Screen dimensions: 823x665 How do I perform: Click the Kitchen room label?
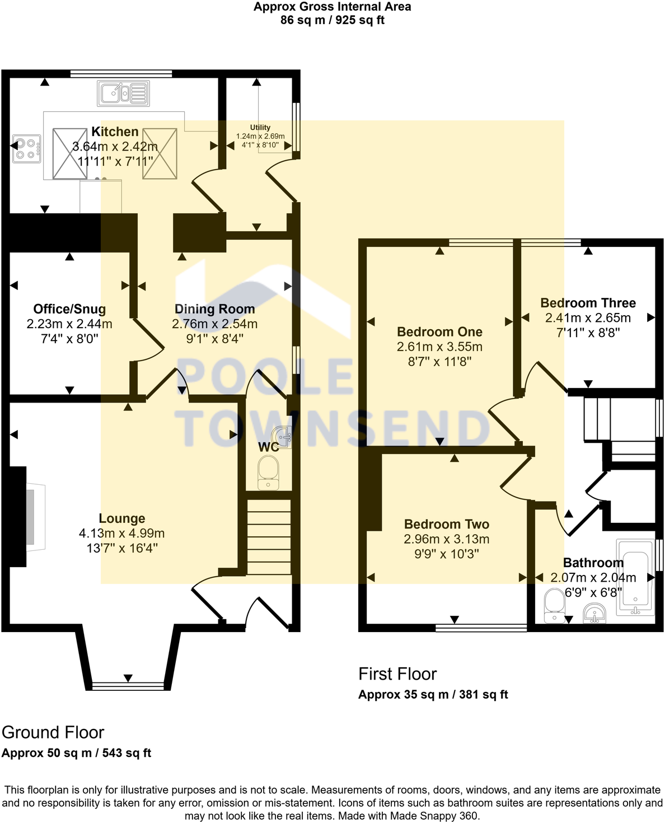pyautogui.click(x=115, y=132)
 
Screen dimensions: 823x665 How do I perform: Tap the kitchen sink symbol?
pyautogui.click(x=124, y=93)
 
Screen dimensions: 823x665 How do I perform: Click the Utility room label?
pyautogui.click(x=260, y=128)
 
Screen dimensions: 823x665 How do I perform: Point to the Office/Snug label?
pyautogui.click(x=69, y=309)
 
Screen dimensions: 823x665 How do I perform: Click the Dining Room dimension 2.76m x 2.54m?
pyautogui.click(x=214, y=324)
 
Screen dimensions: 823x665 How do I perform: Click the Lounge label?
pyautogui.click(x=122, y=518)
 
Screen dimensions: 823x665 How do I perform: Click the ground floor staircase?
pyautogui.click(x=269, y=536)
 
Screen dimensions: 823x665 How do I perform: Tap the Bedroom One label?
pyautogui.click(x=439, y=332)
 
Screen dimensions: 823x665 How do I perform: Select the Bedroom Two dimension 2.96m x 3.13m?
pyautogui.click(x=446, y=539)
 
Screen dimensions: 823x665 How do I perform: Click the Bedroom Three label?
pyautogui.click(x=588, y=303)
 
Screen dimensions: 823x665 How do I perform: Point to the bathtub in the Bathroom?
pyautogui.click(x=635, y=578)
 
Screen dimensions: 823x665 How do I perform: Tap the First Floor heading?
pyautogui.click(x=397, y=674)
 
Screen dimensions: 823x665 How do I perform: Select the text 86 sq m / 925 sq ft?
pyautogui.click(x=332, y=20)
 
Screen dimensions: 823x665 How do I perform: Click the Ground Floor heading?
pyautogui.click(x=53, y=732)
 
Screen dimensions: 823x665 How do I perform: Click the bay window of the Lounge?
pyautogui.click(x=128, y=685)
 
